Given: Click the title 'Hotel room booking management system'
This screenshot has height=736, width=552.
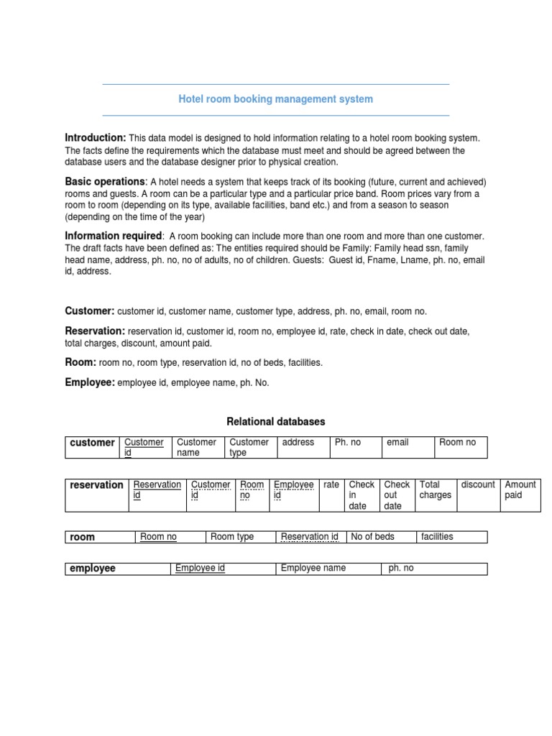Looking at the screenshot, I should pos(275,99).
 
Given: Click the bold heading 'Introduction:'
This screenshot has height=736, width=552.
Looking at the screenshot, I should pos(96,137).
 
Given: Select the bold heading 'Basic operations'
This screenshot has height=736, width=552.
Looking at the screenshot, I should pos(105,182).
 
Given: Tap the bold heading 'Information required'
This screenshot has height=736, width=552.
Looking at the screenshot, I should pos(114,236).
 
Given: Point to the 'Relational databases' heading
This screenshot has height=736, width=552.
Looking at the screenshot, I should pos(276,421).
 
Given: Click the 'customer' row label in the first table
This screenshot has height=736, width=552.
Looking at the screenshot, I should pos(92,443).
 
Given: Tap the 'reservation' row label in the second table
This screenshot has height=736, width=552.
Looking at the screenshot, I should pos(96,485).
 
